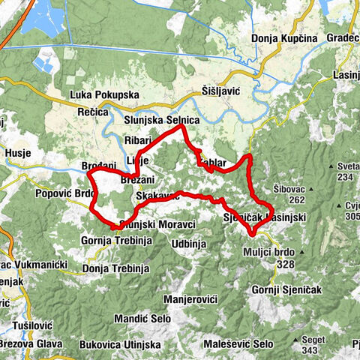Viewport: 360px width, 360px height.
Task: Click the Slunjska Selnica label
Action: click(161, 120)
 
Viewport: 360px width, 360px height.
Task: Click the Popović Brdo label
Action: click(61, 193)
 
